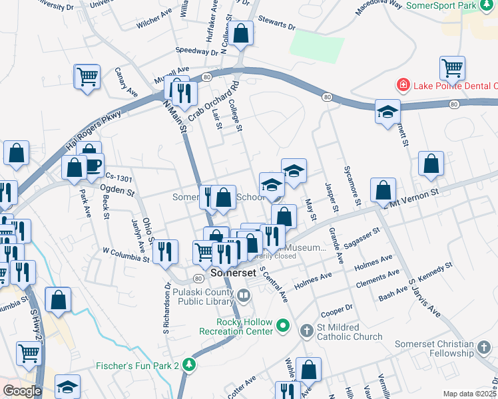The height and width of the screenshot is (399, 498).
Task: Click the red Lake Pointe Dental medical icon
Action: pos(402,85)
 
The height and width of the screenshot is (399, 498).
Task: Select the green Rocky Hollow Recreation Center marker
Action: pos(283,326)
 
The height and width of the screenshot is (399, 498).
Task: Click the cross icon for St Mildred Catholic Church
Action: pos(306,331)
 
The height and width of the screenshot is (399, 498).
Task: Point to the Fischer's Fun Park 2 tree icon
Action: pos(190,364)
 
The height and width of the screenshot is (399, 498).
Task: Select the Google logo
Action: pos(22,391)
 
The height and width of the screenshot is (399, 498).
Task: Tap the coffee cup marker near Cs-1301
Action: pos(92,164)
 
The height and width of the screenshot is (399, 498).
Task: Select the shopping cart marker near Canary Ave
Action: pos(87,76)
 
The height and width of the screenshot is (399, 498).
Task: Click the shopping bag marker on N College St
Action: pos(241,33)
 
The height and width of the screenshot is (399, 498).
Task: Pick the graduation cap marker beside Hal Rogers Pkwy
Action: pos(387,112)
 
